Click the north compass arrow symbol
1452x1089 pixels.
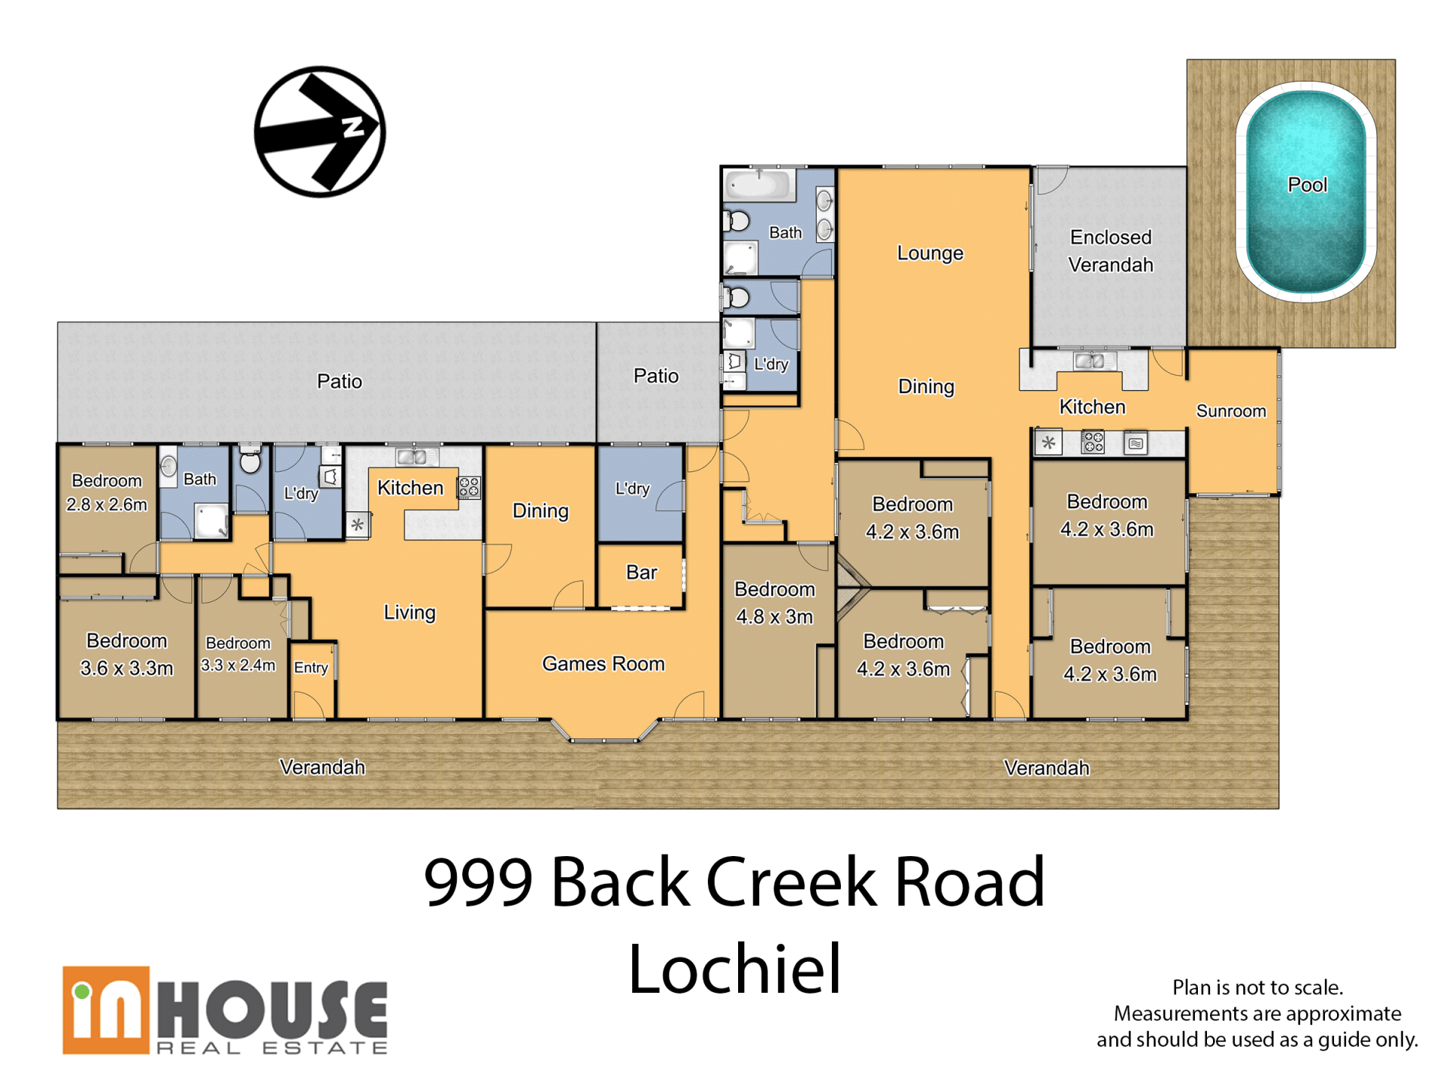point(320,132)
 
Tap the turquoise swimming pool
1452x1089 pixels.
point(1306,191)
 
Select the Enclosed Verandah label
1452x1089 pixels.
point(1110,251)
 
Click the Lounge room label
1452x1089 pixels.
point(930,253)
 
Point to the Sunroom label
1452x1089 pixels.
point(1230,411)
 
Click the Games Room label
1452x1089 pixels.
point(603,663)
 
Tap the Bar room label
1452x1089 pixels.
point(641,572)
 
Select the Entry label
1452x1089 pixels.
point(311,667)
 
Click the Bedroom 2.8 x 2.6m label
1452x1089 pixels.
point(107,492)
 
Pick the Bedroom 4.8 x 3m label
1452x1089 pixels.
point(774,603)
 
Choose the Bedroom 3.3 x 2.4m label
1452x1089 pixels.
point(237,654)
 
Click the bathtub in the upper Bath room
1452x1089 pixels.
point(760,185)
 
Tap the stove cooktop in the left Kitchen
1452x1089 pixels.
point(469,488)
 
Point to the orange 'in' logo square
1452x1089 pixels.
point(106,1010)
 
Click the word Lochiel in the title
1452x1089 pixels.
point(734,969)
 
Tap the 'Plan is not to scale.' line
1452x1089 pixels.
point(1258,987)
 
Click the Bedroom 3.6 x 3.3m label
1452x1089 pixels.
point(126,654)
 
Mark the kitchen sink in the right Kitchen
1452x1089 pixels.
point(1090,361)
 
